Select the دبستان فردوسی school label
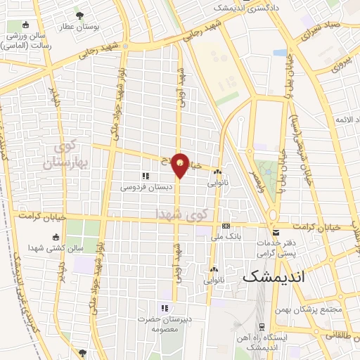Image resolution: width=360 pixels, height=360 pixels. click(146, 187)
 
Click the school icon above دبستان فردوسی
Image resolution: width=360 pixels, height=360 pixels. click(145, 176)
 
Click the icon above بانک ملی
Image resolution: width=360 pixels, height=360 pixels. click(225, 226)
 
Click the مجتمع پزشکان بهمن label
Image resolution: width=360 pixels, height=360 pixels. click(316, 309)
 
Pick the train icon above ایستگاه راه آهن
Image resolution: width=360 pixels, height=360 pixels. click(262, 327)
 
